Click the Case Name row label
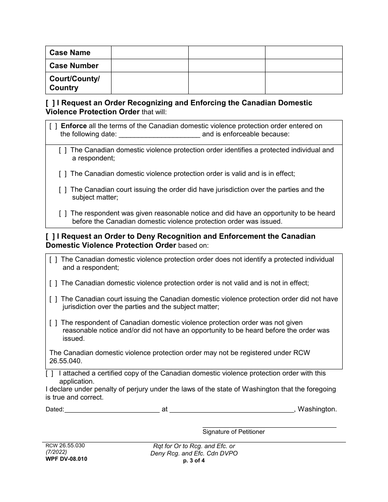pos(70,53)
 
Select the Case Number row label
pos(74,66)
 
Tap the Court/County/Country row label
pos(74,83)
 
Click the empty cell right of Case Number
pos(149,66)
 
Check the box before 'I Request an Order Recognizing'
pos(50,103)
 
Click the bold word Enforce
pos(74,126)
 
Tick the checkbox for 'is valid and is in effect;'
pos(62,174)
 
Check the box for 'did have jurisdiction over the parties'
pos(62,190)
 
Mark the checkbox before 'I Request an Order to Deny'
pos(50,236)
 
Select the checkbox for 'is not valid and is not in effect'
pos(53,283)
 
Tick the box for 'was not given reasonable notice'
pos(53,323)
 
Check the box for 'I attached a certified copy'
pos(49,373)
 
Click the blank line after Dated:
pos(112,409)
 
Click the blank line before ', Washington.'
pos(232,409)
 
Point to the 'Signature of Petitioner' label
pos(234,432)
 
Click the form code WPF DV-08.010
pos(66,459)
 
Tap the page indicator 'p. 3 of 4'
pos(194,461)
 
